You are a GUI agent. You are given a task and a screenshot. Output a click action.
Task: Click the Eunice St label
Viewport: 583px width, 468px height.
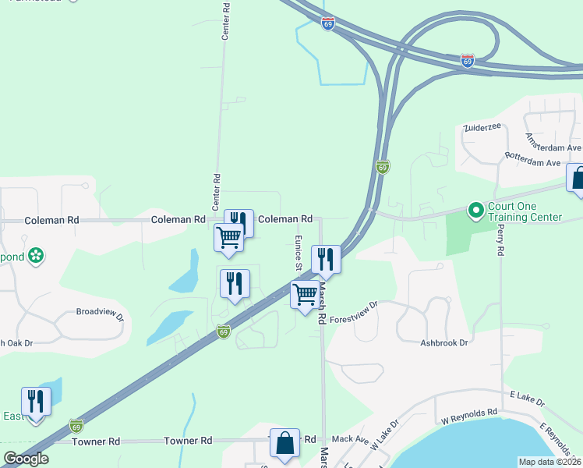click(298, 253)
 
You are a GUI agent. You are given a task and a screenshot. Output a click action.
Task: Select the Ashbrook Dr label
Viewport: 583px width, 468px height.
click(443, 342)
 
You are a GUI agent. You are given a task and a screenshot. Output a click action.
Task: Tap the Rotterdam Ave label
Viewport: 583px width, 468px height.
click(532, 163)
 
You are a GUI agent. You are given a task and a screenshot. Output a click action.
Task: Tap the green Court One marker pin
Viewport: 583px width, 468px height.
click(475, 211)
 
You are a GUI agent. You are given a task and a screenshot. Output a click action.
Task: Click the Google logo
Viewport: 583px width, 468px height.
click(26, 458)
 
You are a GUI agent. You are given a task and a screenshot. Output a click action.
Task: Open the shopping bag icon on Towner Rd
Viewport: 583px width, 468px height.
click(284, 443)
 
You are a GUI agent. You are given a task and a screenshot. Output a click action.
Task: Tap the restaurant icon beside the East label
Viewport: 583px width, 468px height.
click(36, 402)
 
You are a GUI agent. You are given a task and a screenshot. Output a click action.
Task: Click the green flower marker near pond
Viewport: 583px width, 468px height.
click(35, 255)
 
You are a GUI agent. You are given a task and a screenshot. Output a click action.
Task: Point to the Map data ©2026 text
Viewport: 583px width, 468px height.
click(549, 462)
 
